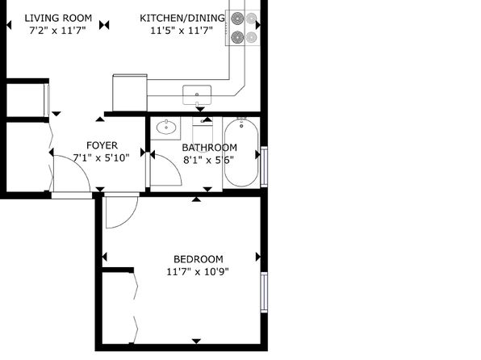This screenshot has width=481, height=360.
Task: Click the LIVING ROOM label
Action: pos(58,18)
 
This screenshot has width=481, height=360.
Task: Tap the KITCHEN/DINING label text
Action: pos(182,18)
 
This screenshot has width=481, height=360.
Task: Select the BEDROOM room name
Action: pos(199,259)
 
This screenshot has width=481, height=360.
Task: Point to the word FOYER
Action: pos(102,145)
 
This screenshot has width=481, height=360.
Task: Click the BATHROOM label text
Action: pos(210,148)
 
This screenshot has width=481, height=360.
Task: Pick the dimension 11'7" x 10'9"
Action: pos(198,272)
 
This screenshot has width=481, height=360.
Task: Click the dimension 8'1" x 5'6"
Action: pos(208,160)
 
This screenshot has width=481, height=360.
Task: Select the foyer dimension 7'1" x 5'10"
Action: pos(101,157)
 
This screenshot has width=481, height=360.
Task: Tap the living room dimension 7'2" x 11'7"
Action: pos(57,31)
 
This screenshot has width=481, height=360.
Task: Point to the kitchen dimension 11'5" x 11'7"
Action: pos(182,31)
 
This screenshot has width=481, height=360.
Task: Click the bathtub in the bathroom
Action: pos(241,153)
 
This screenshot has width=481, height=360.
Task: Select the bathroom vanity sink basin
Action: pos(166,128)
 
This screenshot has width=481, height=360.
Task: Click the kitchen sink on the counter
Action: pos(197,94)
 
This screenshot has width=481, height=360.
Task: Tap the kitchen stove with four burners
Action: pos(243,28)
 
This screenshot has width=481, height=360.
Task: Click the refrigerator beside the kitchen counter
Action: pos(130,92)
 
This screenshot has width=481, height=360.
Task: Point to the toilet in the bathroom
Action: pos(203,135)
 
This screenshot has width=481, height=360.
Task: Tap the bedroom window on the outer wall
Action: pos(264,292)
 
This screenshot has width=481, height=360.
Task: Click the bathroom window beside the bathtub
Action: pos(264,166)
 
